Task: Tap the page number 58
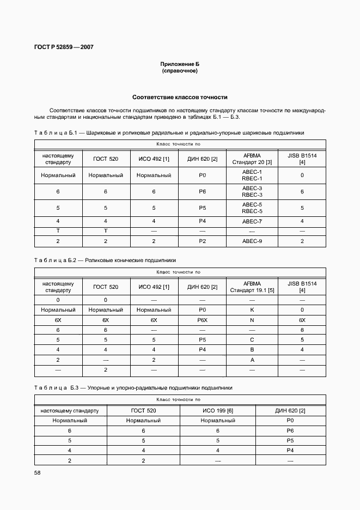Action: tap(38, 472)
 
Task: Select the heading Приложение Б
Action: tap(180, 64)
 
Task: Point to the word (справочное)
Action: tap(180, 71)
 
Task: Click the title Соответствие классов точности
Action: tap(180, 97)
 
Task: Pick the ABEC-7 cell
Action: tap(252, 221)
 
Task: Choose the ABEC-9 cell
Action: tap(252, 240)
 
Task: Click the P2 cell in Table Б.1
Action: tap(202, 240)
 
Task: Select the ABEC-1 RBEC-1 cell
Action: tap(252, 175)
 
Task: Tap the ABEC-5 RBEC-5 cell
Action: tap(252, 208)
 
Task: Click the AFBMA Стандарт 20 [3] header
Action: tap(252, 159)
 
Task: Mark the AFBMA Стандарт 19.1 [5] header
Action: tap(252, 287)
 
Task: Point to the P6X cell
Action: tap(202, 320)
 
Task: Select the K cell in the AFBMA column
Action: tap(252, 309)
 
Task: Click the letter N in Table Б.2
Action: tap(252, 320)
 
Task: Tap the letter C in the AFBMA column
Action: tap(252, 340)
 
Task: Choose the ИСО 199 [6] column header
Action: tap(217, 410)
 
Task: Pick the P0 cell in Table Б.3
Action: tap(290, 421)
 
